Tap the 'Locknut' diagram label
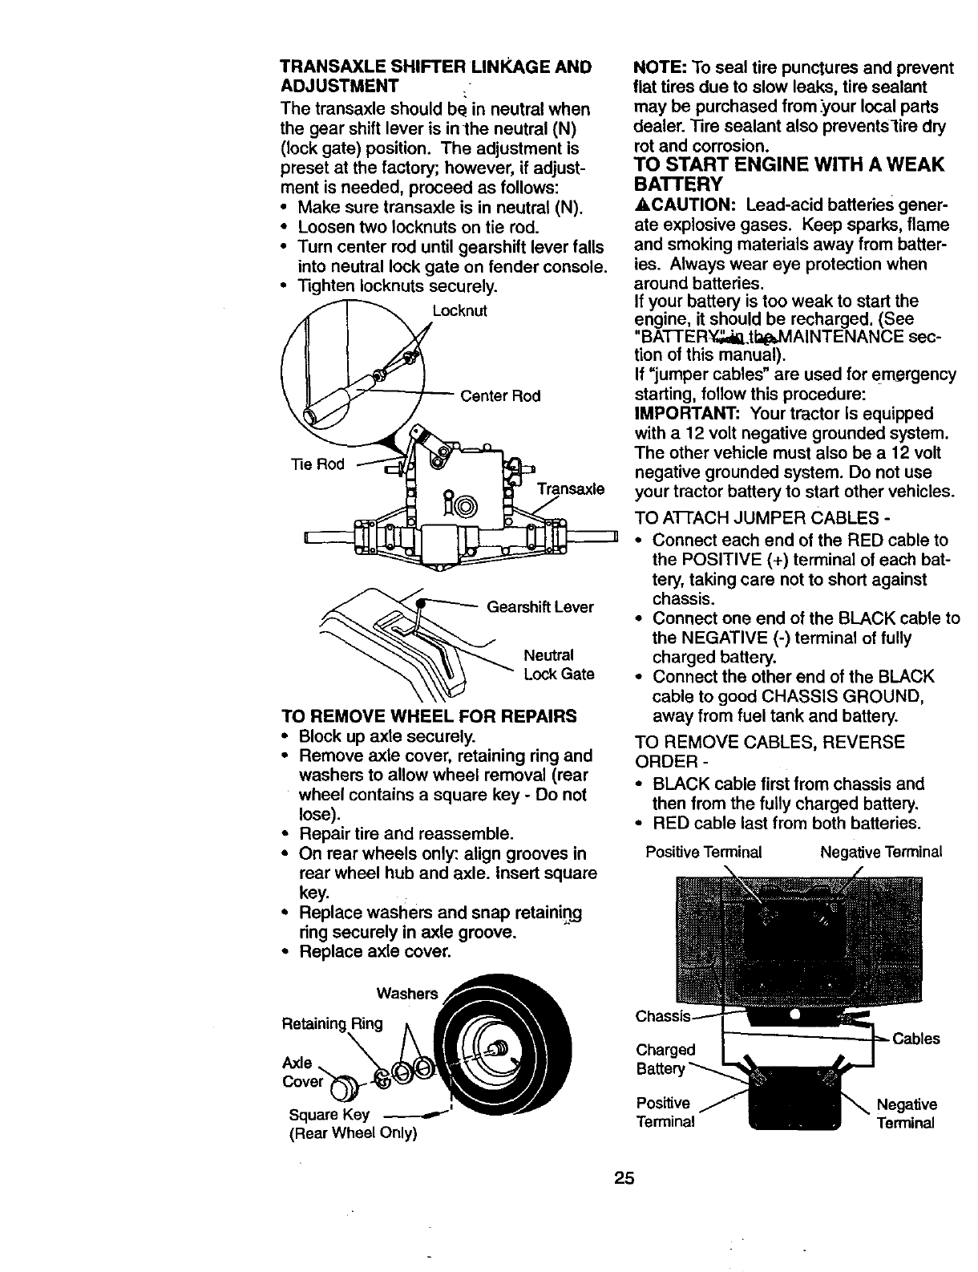point(459,310)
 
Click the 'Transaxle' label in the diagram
point(570,490)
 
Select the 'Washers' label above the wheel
point(407,994)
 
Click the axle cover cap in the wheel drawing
point(339,1087)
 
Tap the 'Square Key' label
point(329,1115)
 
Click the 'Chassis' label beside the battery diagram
point(662,1017)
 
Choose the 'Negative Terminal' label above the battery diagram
point(881,852)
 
